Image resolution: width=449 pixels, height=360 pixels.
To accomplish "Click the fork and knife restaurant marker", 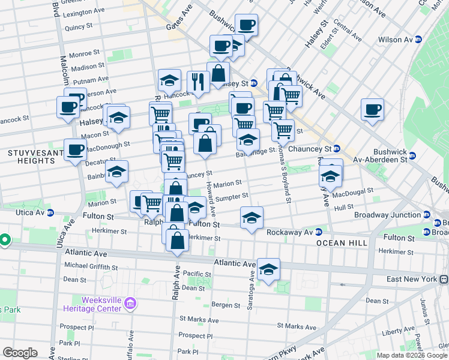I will [198, 82].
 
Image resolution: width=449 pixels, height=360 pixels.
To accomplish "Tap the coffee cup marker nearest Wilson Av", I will [372, 110].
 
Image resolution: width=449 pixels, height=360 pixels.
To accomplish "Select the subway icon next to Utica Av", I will [50, 212].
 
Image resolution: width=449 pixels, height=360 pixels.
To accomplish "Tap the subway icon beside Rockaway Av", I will [319, 232].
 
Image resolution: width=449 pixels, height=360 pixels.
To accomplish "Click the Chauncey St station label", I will [310, 148].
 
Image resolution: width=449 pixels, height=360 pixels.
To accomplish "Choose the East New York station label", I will [412, 279].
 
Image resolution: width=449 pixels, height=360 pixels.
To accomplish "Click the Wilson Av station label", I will [396, 40].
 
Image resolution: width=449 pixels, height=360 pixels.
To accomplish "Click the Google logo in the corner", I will [20, 353].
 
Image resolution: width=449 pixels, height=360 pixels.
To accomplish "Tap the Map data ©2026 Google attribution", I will [412, 355].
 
